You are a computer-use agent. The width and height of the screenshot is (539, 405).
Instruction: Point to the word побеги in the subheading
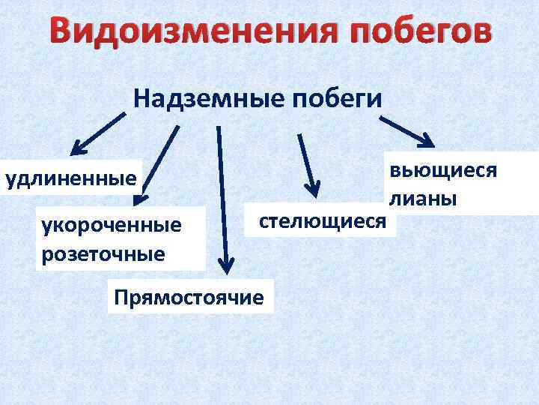(x=339, y=98)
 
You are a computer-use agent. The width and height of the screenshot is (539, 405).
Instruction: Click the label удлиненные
(x=71, y=178)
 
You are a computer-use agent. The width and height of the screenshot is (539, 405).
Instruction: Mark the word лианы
(x=423, y=199)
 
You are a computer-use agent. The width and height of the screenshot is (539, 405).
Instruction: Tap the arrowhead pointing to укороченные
(x=140, y=199)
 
